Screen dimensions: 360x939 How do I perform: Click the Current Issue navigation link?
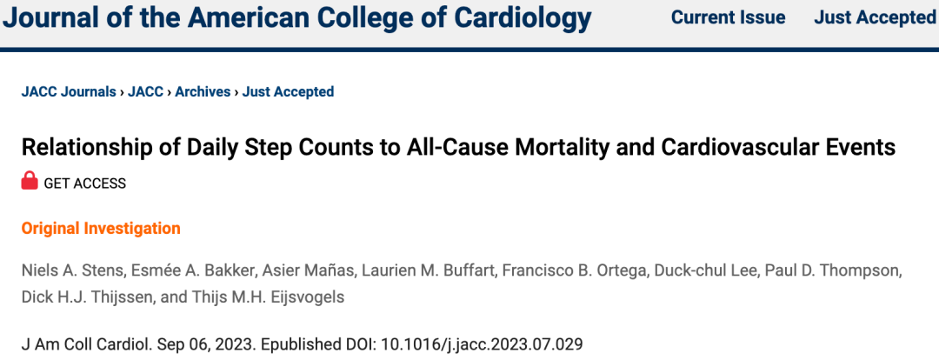coord(728,17)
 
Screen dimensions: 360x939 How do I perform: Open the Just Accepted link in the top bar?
coord(874,17)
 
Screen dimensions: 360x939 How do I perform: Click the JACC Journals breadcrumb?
coord(69,91)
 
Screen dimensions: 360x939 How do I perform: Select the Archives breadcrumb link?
coord(203,91)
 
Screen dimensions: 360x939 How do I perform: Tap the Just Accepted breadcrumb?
coord(288,91)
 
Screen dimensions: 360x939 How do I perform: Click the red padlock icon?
coord(30,182)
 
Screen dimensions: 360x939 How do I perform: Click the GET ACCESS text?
coord(84,183)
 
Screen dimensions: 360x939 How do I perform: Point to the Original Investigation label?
coord(101,229)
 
